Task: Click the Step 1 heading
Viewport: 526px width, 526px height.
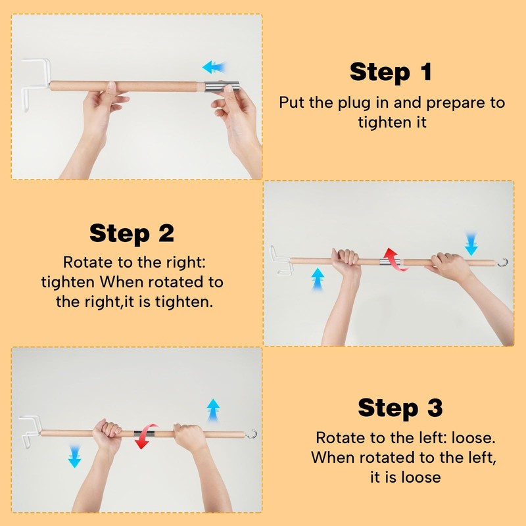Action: [x=391, y=72]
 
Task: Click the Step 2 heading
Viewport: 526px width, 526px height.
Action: [x=131, y=233]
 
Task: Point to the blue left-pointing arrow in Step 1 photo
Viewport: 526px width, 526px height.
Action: [x=214, y=66]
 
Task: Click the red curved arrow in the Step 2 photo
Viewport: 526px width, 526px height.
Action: [x=393, y=258]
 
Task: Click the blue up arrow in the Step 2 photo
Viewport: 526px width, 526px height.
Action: [x=318, y=277]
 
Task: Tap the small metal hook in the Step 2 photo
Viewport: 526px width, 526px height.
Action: [x=503, y=262]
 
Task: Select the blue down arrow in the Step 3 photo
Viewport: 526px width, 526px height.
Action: [x=74, y=455]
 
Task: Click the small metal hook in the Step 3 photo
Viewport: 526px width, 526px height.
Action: [x=251, y=433]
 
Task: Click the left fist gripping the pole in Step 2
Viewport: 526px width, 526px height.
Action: [x=346, y=259]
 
